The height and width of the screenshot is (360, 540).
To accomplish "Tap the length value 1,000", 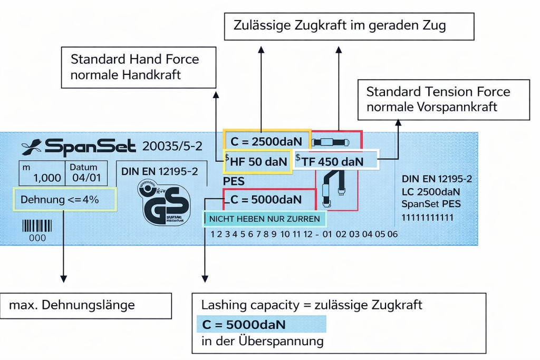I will (x=47, y=178).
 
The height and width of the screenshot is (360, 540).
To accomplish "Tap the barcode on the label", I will (x=37, y=227).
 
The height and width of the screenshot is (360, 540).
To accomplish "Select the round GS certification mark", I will (x=166, y=203).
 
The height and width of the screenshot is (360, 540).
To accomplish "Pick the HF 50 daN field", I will (x=258, y=162).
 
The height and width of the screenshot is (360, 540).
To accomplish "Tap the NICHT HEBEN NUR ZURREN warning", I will (x=265, y=218).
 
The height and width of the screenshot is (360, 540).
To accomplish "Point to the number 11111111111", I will (x=427, y=217).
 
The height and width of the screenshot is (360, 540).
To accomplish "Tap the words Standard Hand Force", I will (x=134, y=59).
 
